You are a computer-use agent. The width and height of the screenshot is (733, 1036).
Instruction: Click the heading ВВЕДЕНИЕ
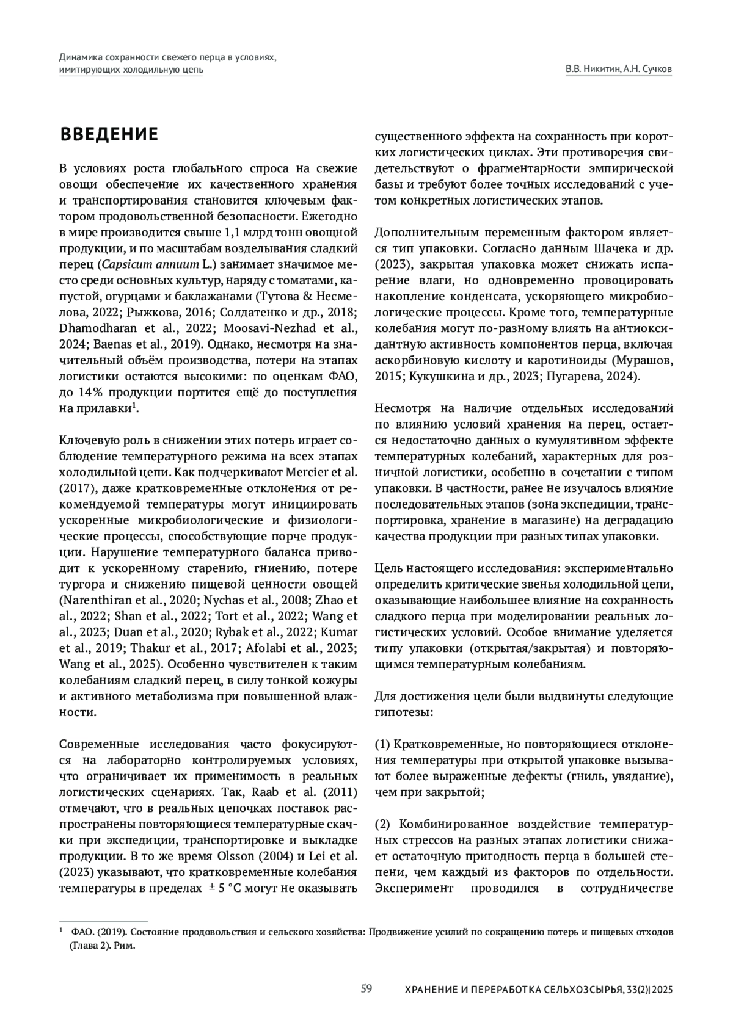coord(109,134)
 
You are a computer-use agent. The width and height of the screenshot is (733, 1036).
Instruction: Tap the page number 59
coord(366,988)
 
